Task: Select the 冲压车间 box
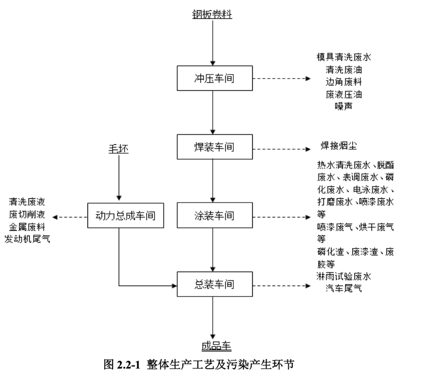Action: (214, 78)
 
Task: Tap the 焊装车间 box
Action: (214, 148)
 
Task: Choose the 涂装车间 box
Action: (214, 216)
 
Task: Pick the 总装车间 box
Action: (214, 285)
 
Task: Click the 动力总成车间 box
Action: (125, 216)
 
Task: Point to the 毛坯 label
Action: (119, 149)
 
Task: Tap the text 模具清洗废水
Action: (343, 57)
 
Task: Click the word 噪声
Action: (343, 106)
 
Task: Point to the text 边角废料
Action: (343, 81)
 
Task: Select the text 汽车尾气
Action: (343, 287)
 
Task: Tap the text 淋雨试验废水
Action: (343, 276)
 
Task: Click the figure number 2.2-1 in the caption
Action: (128, 365)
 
